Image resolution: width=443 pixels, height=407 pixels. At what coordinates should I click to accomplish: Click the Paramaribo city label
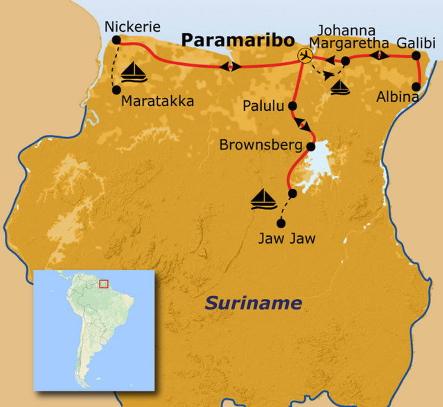click(238, 40)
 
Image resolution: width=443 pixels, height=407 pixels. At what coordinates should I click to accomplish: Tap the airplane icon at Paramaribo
click(305, 56)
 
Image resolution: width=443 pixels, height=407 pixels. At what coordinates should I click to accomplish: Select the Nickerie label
click(132, 27)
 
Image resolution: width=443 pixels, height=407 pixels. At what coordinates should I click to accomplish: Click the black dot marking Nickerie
click(116, 40)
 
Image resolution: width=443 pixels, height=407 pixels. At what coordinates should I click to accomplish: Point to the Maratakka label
click(157, 101)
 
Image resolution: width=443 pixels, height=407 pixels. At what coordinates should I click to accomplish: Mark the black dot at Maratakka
click(116, 90)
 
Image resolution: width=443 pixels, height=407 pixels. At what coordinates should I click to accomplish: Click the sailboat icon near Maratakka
click(134, 72)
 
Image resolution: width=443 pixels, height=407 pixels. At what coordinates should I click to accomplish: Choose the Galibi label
click(414, 43)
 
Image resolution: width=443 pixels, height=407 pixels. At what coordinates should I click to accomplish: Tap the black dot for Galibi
click(416, 56)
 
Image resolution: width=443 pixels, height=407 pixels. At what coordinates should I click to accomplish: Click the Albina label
click(397, 97)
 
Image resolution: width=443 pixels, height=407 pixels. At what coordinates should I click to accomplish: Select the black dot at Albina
click(416, 87)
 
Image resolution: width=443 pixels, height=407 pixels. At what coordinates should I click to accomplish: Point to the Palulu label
click(263, 106)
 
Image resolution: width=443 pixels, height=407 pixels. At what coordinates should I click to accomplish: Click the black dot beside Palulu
click(292, 106)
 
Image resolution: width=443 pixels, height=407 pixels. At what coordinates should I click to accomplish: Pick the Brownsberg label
click(260, 145)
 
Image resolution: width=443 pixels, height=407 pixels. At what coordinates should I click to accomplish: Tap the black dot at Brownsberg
click(311, 147)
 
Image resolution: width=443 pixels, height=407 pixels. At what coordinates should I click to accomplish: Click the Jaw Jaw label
click(286, 238)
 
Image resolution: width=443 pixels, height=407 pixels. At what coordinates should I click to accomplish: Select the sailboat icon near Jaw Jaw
click(263, 199)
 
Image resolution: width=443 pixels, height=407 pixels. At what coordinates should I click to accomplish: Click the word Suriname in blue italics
click(253, 303)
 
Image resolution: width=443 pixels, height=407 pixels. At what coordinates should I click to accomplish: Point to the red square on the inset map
click(103, 284)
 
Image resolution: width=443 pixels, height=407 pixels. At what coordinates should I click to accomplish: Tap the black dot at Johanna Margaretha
click(345, 61)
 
